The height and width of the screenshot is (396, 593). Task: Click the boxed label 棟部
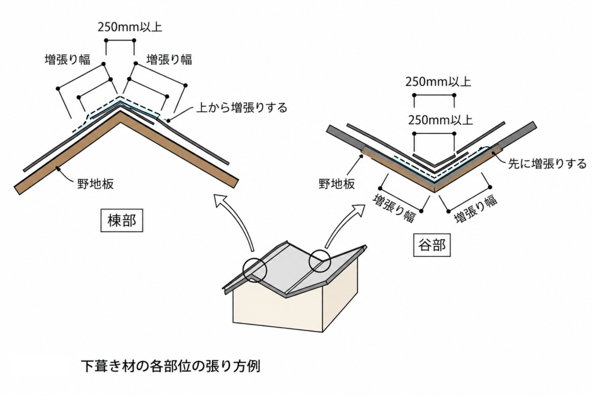120,221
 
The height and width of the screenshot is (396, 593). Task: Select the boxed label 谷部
432,245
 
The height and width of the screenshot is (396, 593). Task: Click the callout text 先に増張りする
547,164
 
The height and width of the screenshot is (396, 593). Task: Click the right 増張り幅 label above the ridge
169,59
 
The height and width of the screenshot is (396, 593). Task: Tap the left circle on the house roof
255,270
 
